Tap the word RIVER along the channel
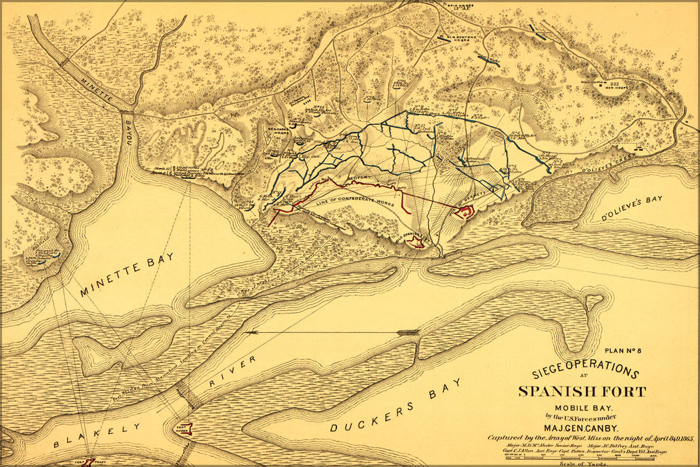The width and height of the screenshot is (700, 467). click(233, 373)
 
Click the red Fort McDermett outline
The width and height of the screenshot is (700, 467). click(465, 212)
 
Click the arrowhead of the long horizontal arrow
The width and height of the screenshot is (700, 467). click(250, 332)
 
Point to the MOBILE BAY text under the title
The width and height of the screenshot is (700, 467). click(580, 408)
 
